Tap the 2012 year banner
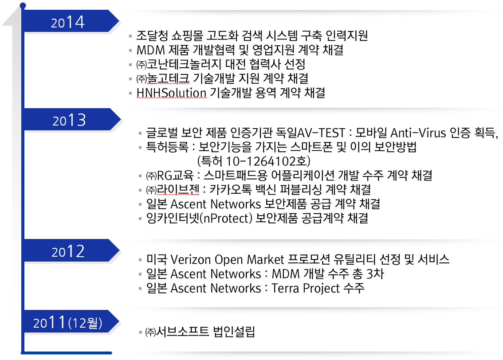coord(71,250)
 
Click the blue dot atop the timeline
coord(23,5)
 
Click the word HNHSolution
coord(172,93)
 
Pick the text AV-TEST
coord(322,133)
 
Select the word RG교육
coord(175,176)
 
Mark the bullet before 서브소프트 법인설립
coord(140,332)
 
